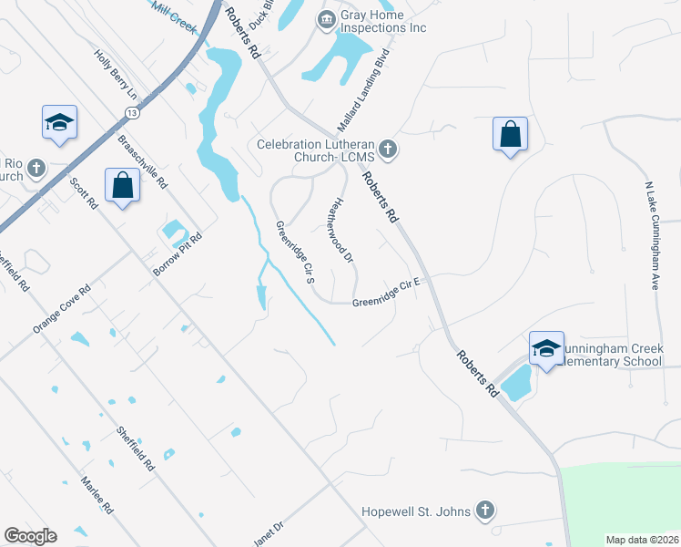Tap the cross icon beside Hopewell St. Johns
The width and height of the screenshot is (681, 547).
pos(485,511)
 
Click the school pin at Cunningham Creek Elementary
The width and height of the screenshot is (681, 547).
pos(546,349)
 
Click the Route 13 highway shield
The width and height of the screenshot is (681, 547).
pos(133,112)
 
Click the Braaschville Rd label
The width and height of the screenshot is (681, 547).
pos(144,161)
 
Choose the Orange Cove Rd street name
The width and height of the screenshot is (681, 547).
pos(62,308)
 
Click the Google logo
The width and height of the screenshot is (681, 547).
pos(30,536)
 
